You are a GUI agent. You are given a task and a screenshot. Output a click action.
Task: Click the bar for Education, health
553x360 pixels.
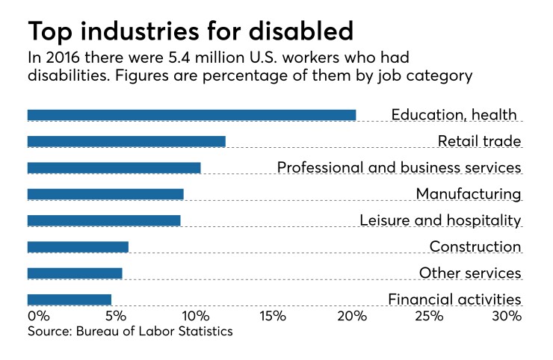pos(191,115)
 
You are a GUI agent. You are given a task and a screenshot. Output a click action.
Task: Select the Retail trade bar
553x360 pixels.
pos(126,141)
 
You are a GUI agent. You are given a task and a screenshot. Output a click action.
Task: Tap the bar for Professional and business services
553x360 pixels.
pos(114,168)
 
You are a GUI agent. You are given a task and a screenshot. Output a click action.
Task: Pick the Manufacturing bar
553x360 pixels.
pos(105,194)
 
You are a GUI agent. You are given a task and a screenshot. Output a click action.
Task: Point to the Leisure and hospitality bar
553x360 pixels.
pos(104,220)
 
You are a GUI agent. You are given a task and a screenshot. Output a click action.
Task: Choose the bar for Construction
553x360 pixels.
pos(78,246)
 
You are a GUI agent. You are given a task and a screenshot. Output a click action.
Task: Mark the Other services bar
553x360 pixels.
pos(75,273)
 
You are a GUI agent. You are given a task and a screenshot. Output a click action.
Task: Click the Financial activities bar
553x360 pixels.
pos(69,300)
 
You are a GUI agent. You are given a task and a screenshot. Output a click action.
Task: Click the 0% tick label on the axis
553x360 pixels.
pos(38,317)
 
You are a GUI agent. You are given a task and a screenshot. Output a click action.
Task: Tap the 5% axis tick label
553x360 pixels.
pos(116,317)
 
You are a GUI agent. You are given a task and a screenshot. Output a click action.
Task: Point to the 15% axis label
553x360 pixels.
pos(274,317)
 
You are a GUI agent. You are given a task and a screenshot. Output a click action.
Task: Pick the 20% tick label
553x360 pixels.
pos(352,317)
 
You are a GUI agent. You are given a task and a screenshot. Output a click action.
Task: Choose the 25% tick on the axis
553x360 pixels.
pos(430,317)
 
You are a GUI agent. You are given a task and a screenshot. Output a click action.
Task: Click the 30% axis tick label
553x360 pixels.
pos(507,317)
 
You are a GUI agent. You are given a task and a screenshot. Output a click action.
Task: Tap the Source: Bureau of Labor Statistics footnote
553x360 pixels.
pos(130,331)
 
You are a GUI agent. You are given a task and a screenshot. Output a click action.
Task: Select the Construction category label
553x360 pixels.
pos(475,246)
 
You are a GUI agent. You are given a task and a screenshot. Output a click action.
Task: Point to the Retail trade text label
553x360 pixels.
pos(479,141)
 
